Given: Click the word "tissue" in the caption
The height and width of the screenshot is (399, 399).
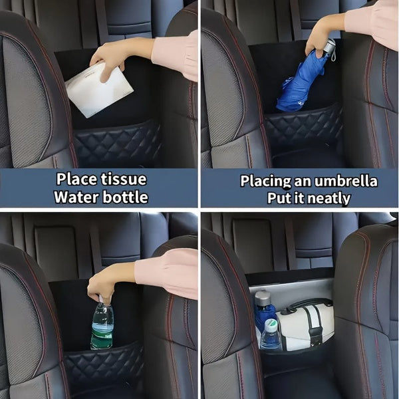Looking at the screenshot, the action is pyautogui.click(x=124, y=180).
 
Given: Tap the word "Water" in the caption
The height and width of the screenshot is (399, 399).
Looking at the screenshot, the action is pyautogui.click(x=75, y=197).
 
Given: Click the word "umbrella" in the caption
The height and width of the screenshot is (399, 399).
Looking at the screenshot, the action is pyautogui.click(x=346, y=181).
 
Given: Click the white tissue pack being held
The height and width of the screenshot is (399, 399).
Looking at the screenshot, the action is pyautogui.click(x=99, y=90).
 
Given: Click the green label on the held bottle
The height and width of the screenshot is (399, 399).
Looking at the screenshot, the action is pyautogui.click(x=101, y=336).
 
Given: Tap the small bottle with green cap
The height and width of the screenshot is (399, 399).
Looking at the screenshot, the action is pyautogui.click(x=271, y=335).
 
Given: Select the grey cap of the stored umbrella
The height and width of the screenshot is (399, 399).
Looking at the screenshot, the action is pyautogui.click(x=263, y=298).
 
